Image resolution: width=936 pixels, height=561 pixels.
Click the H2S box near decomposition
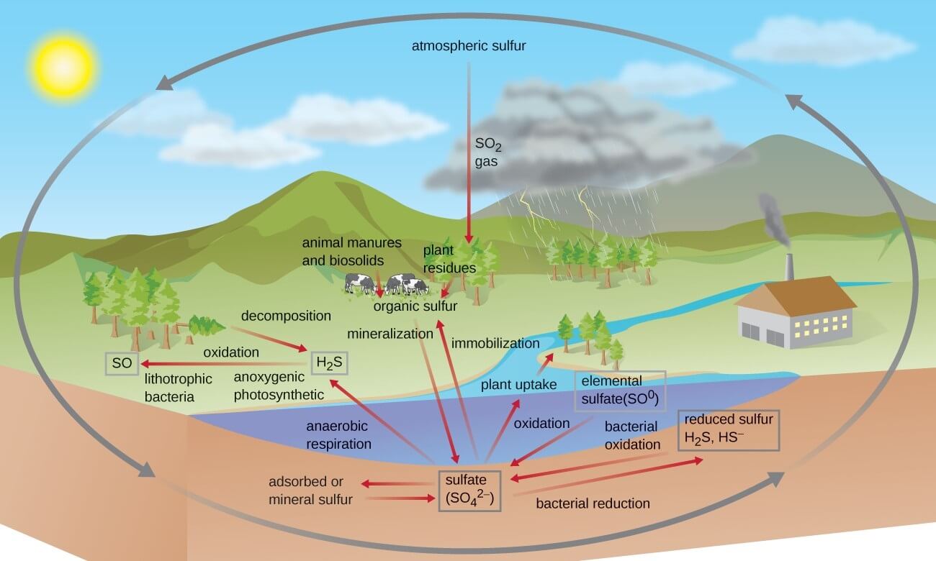click(330, 363)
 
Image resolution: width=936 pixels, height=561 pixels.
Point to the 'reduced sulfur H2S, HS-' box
click(729, 429)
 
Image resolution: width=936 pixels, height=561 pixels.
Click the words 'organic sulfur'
click(415, 306)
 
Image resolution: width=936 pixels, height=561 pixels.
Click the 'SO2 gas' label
click(486, 152)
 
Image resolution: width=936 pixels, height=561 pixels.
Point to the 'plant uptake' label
click(519, 385)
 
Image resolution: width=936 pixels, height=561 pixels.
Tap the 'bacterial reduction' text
click(593, 503)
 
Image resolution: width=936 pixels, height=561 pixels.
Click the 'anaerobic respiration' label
click(338, 434)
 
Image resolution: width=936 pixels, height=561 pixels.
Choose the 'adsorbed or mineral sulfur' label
click(310, 490)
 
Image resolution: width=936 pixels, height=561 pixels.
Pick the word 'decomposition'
click(286, 316)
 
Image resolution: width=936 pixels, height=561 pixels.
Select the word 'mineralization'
click(390, 334)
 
